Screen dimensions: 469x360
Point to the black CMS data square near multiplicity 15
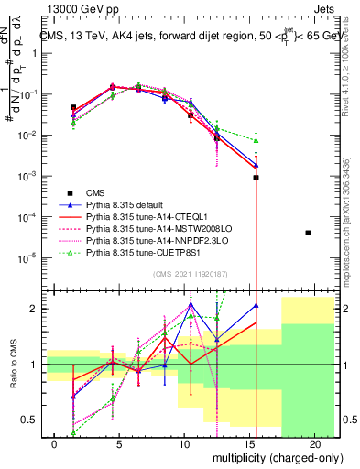point(256,177)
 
